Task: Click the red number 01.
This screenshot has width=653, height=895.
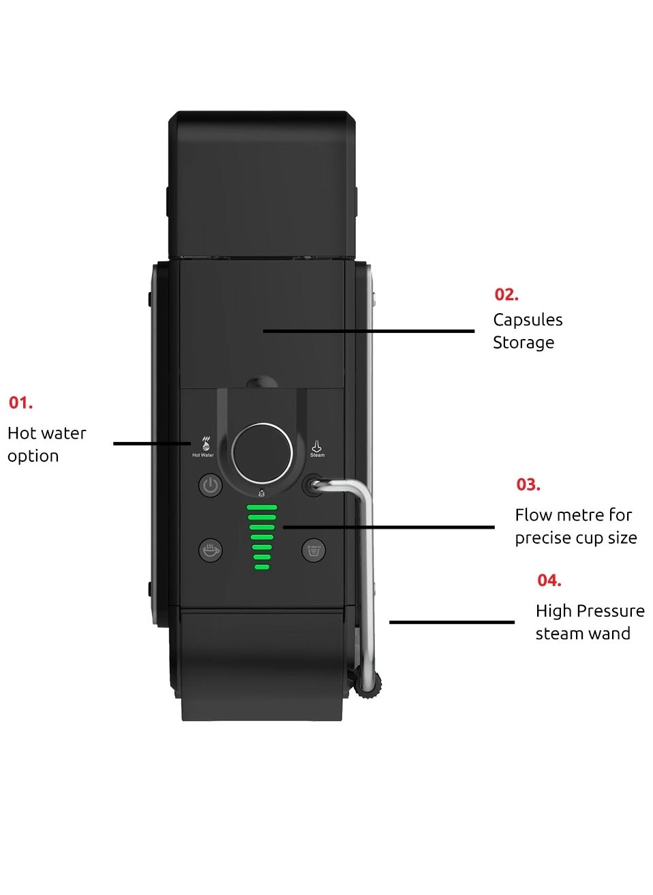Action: pyautogui.click(x=20, y=403)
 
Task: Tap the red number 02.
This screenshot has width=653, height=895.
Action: pyautogui.click(x=506, y=295)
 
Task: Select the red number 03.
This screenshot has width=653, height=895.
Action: pyautogui.click(x=528, y=485)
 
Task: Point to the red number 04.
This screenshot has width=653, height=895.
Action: pyautogui.click(x=549, y=581)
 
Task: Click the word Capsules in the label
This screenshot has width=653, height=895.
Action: pyautogui.click(x=528, y=320)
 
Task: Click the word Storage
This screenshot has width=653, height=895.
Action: pyautogui.click(x=523, y=342)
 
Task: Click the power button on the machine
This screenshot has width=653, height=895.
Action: pyautogui.click(x=211, y=486)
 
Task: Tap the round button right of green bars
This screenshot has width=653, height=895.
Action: pyautogui.click(x=314, y=550)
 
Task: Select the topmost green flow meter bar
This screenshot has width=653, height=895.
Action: pyautogui.click(x=262, y=508)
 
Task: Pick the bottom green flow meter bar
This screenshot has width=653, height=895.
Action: pyautogui.click(x=262, y=567)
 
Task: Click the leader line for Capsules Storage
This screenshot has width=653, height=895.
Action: pyautogui.click(x=368, y=332)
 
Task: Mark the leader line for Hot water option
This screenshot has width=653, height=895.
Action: pyautogui.click(x=151, y=443)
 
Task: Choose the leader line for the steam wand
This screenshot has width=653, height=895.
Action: pyautogui.click(x=451, y=622)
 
